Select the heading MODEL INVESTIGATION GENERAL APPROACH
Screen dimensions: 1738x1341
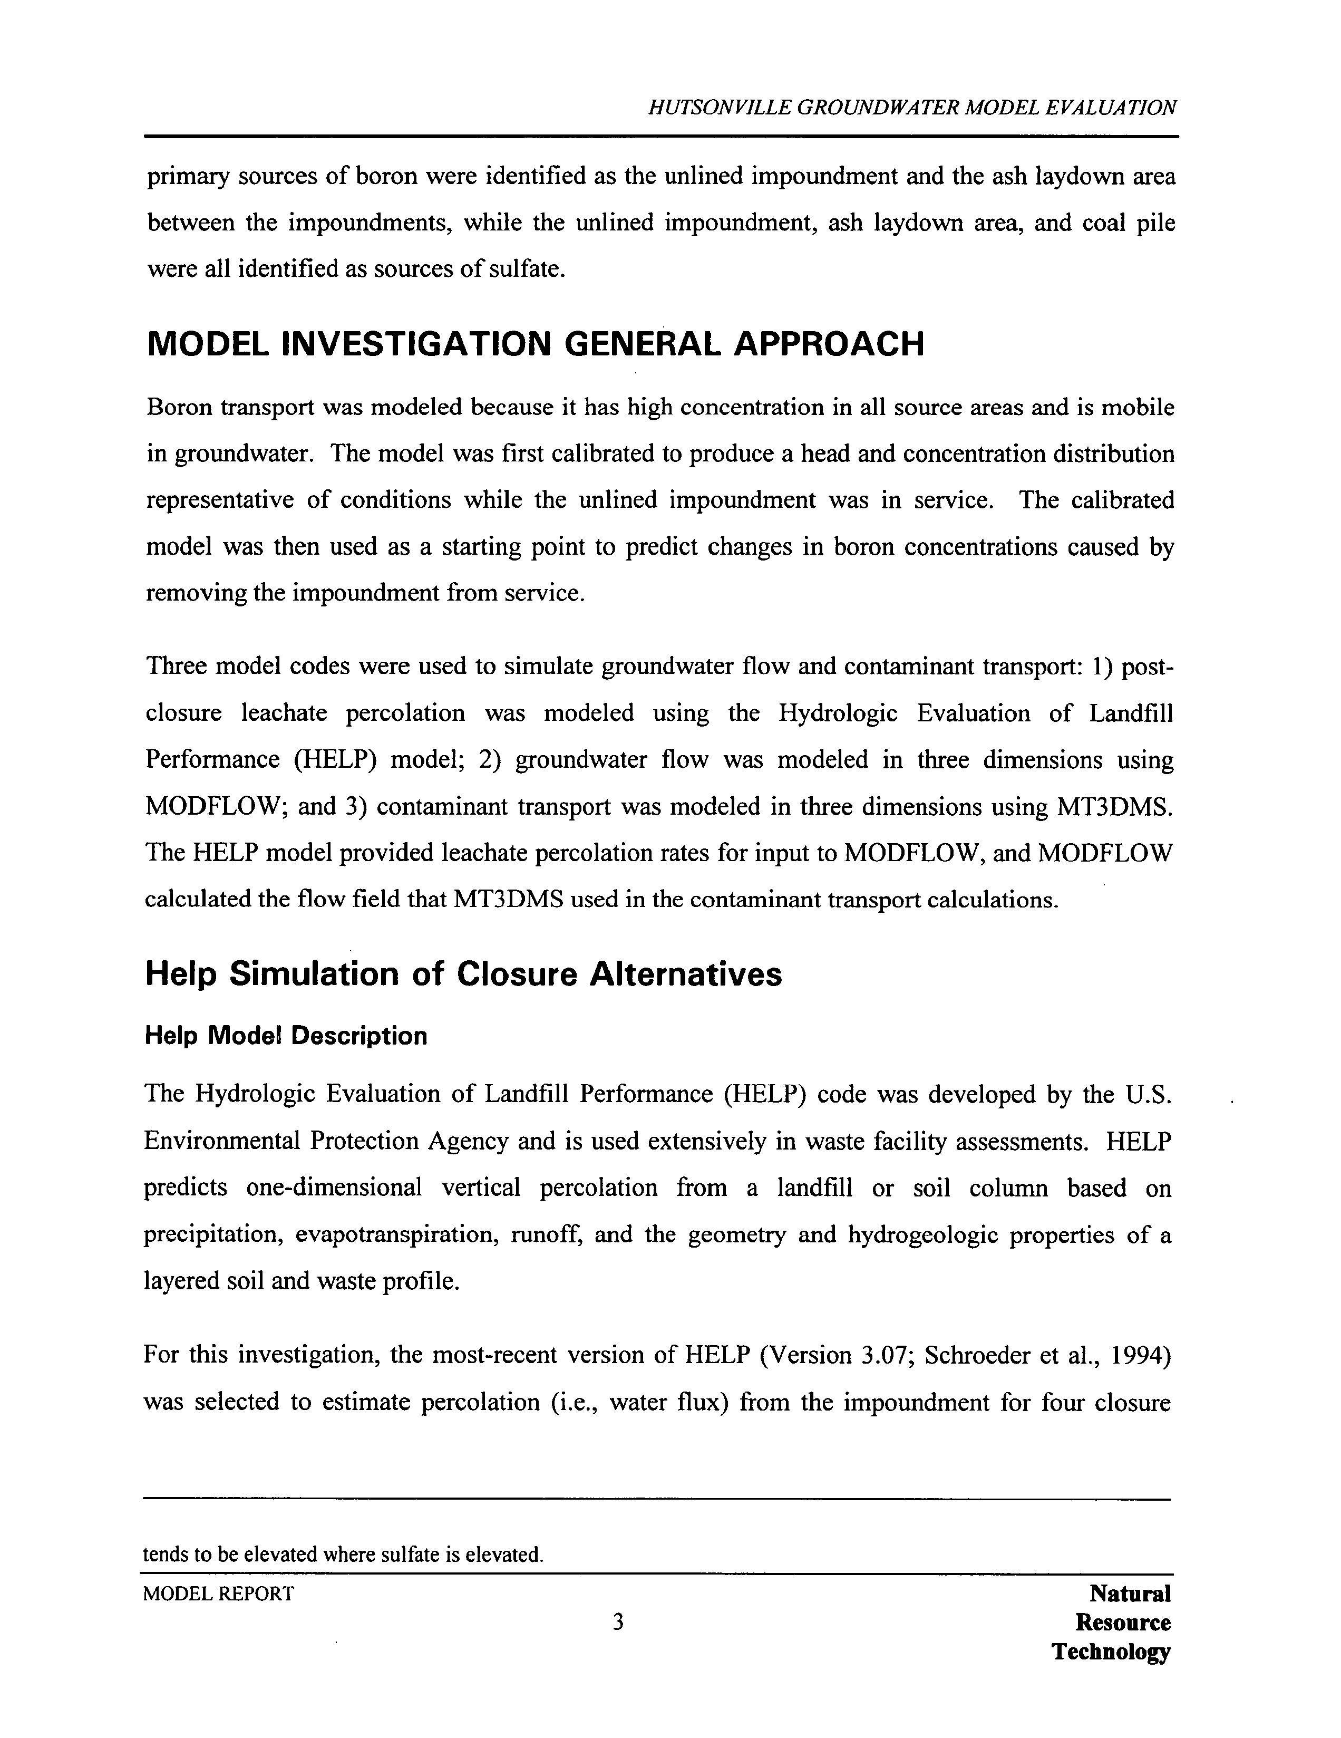(x=535, y=344)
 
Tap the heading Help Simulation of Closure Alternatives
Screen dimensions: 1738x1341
(x=463, y=974)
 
